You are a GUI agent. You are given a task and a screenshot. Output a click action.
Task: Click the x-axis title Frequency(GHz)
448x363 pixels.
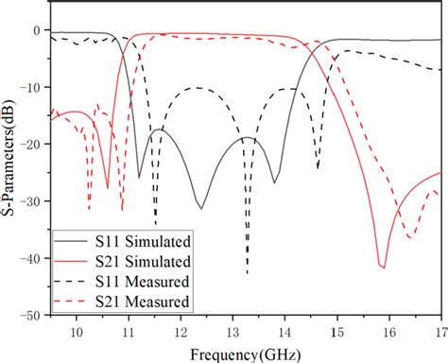pyautogui.click(x=245, y=354)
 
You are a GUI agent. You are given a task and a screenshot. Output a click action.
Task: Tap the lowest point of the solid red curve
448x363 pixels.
pyautogui.click(x=382, y=268)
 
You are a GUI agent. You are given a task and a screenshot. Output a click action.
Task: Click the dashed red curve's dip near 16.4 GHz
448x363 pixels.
pyautogui.click(x=409, y=236)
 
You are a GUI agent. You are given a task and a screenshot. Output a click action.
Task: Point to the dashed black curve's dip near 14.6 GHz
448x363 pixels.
pyautogui.click(x=318, y=169)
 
